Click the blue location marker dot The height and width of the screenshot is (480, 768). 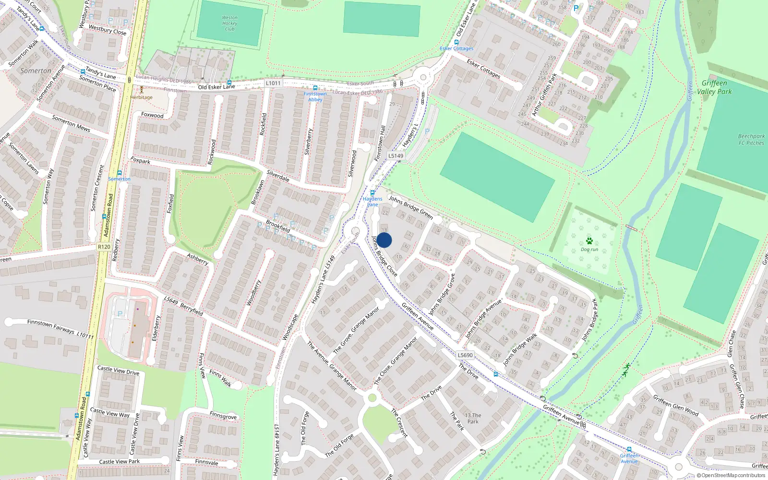[384, 240]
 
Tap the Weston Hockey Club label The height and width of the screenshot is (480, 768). [229, 23]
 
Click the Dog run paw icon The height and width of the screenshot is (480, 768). [589, 241]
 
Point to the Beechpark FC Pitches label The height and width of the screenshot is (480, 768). [751, 139]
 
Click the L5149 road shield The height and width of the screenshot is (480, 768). [396, 156]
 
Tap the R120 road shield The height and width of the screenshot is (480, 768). [104, 247]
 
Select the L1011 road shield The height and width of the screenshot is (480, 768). [273, 83]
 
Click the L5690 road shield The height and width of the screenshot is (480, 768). [465, 355]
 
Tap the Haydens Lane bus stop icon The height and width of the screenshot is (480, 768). [372, 193]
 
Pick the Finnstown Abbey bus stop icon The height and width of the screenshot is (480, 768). [315, 88]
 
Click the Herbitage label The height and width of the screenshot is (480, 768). [141, 97]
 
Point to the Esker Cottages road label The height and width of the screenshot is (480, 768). [483, 68]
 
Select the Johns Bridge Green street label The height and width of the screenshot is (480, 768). [410, 207]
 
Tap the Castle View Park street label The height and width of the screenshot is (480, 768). [119, 462]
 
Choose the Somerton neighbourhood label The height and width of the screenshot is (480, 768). [36, 71]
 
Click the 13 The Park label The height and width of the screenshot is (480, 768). [473, 418]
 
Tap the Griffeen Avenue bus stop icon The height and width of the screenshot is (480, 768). [629, 450]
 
